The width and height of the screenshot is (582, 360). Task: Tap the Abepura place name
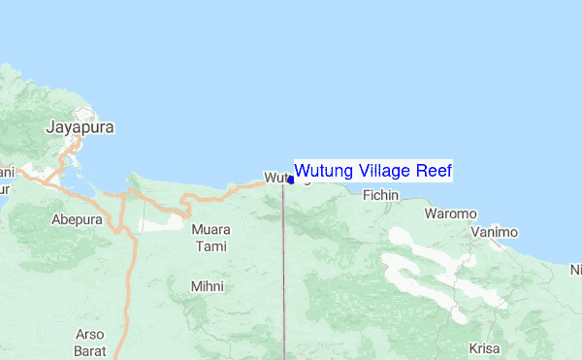(76, 219)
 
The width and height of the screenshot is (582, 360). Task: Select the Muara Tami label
(211, 237)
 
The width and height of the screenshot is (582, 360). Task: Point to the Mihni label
(208, 286)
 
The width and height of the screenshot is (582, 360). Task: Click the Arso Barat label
(89, 342)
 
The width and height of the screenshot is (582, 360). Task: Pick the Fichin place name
(380, 195)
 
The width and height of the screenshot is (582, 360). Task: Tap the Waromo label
(451, 213)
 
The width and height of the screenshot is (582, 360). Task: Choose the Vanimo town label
(495, 233)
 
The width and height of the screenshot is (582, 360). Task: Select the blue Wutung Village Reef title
(372, 171)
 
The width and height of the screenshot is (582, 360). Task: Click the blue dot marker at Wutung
(291, 180)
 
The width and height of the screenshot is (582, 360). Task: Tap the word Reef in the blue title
(435, 171)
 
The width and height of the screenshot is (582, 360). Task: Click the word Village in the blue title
(381, 171)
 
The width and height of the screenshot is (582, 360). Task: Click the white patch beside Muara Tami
(158, 224)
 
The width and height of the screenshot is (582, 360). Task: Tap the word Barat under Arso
(89, 349)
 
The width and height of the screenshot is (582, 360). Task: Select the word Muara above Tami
(211, 230)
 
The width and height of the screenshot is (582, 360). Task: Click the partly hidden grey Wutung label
(275, 178)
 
